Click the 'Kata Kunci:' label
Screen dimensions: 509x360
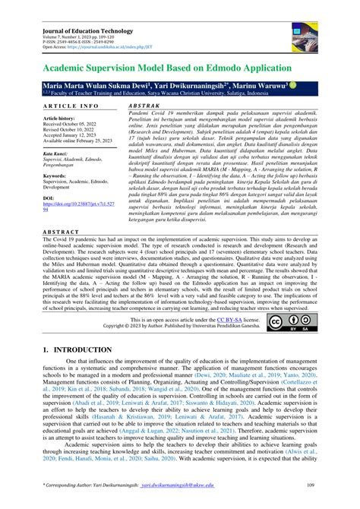tap(56, 153)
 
